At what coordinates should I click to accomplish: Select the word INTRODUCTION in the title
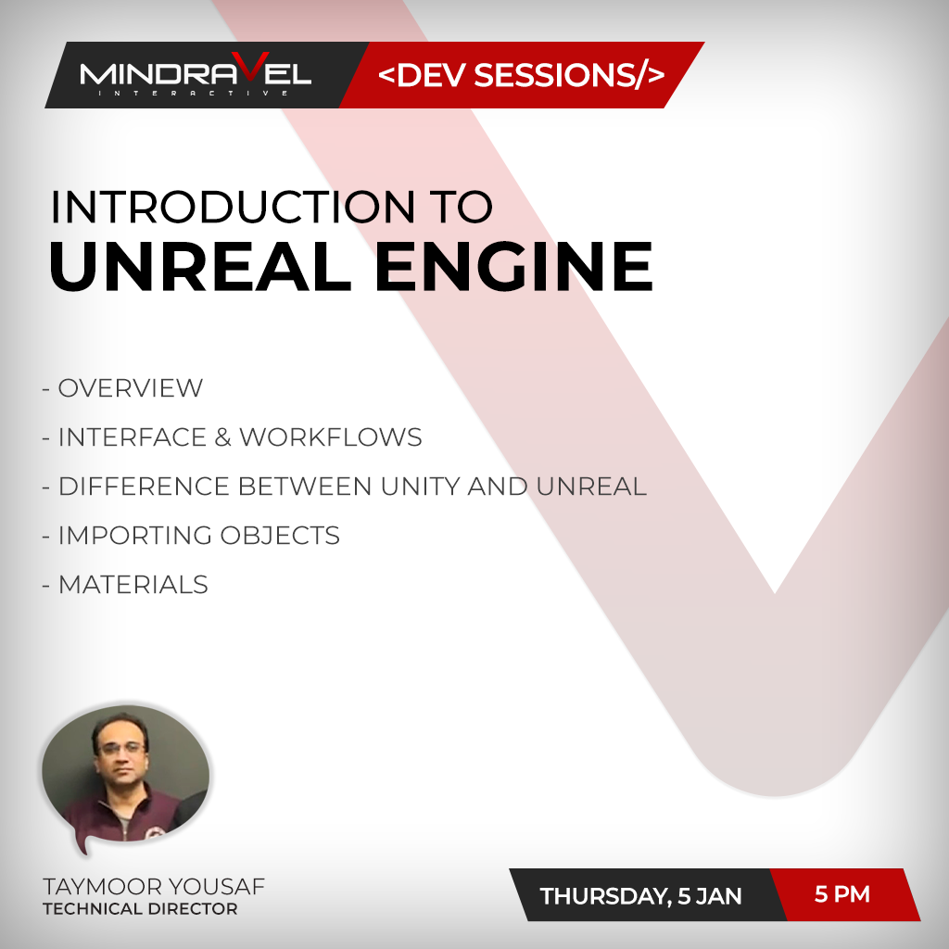click(x=233, y=207)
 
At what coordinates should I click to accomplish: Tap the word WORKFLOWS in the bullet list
click(x=331, y=437)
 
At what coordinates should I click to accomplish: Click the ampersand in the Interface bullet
click(x=222, y=437)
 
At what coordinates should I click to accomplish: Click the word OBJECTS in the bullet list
click(x=280, y=535)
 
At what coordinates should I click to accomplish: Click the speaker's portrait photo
click(x=126, y=775)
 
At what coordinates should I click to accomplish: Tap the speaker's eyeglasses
click(x=122, y=749)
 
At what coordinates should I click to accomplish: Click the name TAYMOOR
click(x=102, y=887)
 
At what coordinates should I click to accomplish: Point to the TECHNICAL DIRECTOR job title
click(x=140, y=908)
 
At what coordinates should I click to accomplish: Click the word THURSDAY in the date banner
click(x=605, y=896)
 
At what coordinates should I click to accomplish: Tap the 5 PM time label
click(x=841, y=894)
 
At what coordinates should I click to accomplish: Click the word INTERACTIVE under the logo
click(x=193, y=94)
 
